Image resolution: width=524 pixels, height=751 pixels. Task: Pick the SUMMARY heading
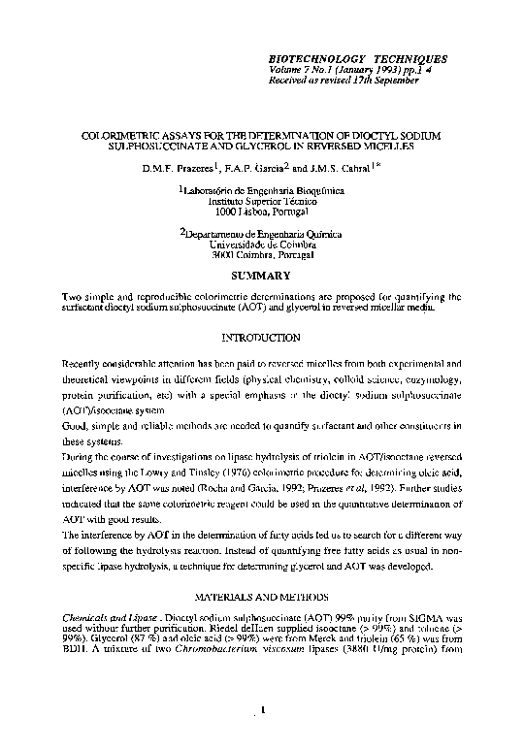(x=260, y=277)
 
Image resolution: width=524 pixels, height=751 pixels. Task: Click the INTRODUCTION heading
(x=261, y=337)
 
